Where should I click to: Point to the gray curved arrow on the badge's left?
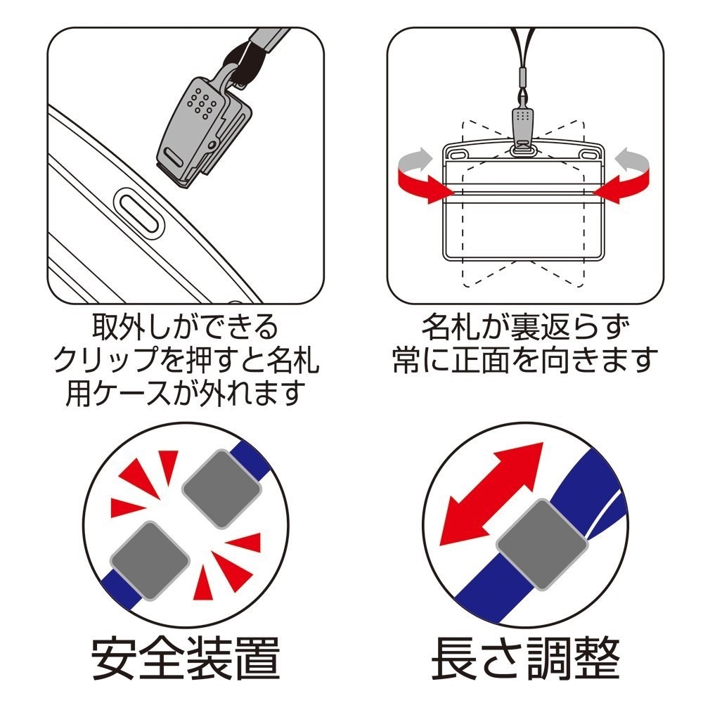[413, 161]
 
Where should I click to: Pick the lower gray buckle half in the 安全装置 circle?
[150, 556]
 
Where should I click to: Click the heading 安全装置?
[186, 657]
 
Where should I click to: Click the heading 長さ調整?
[525, 657]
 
